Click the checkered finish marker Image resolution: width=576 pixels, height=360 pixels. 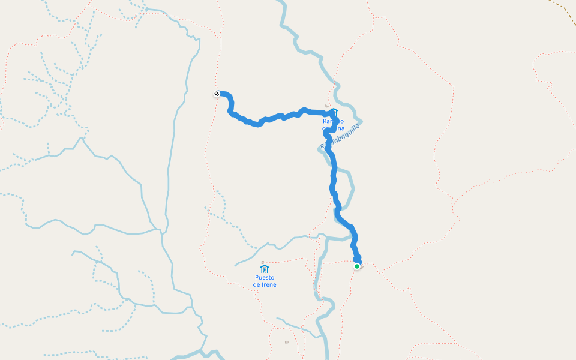(x=217, y=94)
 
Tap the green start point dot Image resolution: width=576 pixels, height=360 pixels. (x=357, y=266)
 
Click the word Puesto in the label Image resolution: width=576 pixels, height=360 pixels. (x=265, y=278)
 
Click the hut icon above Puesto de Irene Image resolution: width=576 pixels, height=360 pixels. (x=265, y=268)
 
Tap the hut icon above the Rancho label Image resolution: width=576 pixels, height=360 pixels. (x=335, y=112)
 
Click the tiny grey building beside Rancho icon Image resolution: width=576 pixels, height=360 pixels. (x=327, y=106)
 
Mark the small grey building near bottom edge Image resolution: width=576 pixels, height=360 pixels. (x=287, y=342)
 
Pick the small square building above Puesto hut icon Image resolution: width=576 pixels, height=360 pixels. (x=263, y=262)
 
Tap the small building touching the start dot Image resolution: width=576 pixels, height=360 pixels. (x=361, y=267)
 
